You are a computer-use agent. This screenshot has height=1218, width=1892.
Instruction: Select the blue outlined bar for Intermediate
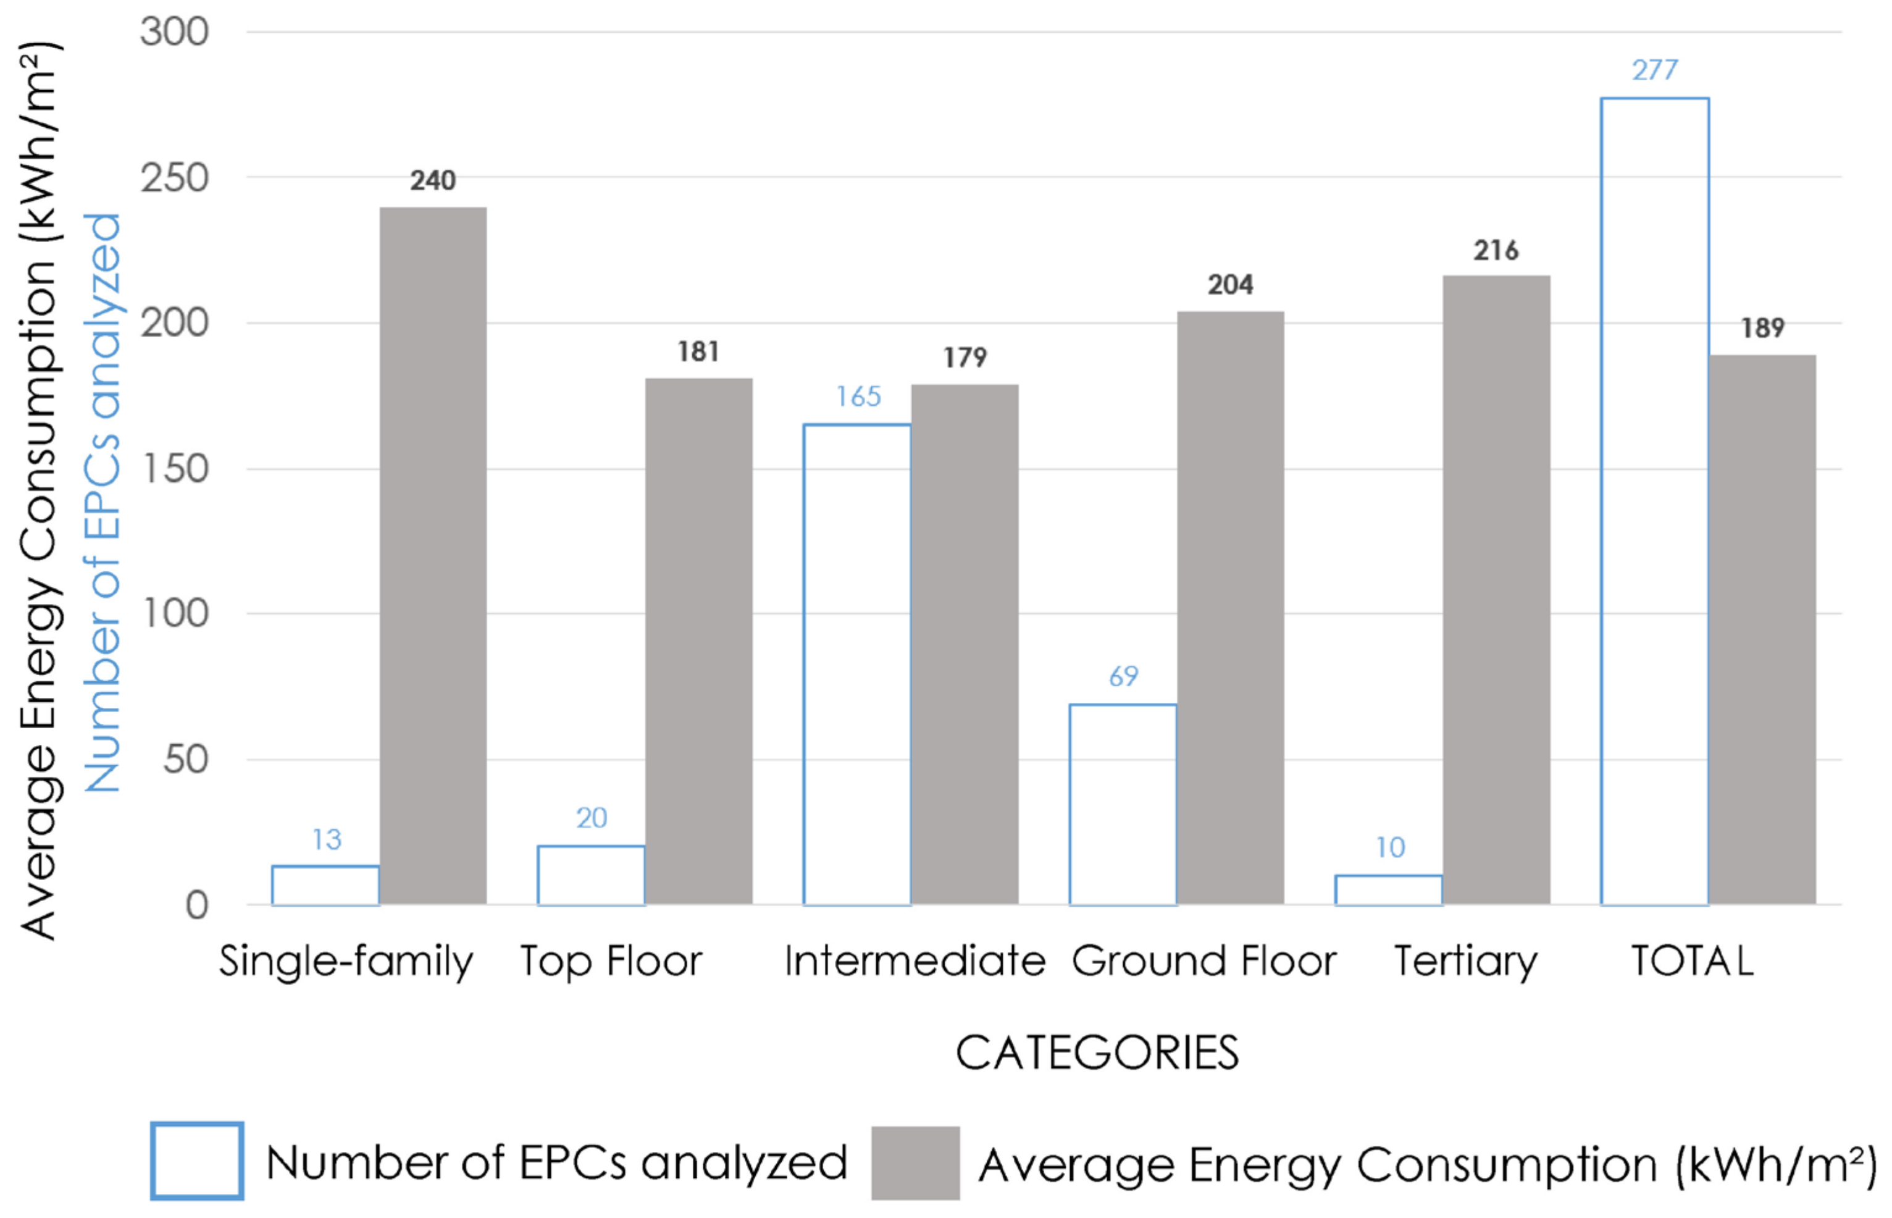coord(856,665)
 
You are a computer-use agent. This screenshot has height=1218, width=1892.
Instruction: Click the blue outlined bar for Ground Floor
coord(1123,804)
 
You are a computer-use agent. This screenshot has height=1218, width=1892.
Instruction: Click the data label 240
coord(432,180)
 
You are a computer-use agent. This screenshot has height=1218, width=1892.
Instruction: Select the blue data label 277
coord(1654,70)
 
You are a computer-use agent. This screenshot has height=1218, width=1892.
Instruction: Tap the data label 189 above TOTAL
coord(1762,327)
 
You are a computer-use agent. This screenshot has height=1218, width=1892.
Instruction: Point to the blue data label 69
coord(1123,676)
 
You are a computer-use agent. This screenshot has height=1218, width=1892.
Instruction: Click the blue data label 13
coord(326,839)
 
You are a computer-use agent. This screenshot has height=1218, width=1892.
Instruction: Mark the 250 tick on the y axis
coord(175,178)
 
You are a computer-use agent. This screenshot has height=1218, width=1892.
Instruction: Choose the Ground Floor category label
coord(1203,961)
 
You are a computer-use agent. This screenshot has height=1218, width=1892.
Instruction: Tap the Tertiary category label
coord(1465,961)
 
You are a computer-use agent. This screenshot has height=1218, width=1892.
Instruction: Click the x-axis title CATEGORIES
coord(1097,1052)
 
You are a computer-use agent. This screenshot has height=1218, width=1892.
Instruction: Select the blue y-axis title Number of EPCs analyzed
coord(103,502)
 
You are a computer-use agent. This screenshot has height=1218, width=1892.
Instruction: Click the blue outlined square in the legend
coord(197,1161)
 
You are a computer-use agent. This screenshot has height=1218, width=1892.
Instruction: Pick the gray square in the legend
coord(915,1162)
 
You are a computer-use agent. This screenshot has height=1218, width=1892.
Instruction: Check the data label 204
coord(1229,285)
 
